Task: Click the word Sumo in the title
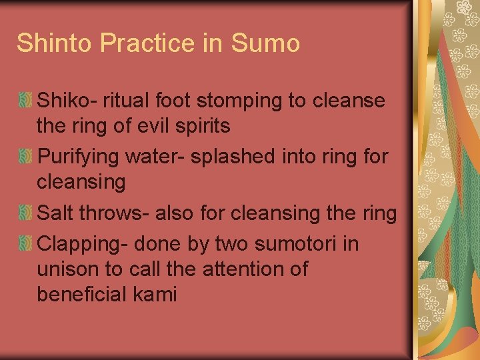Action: tap(265, 43)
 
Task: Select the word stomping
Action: tap(241, 101)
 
